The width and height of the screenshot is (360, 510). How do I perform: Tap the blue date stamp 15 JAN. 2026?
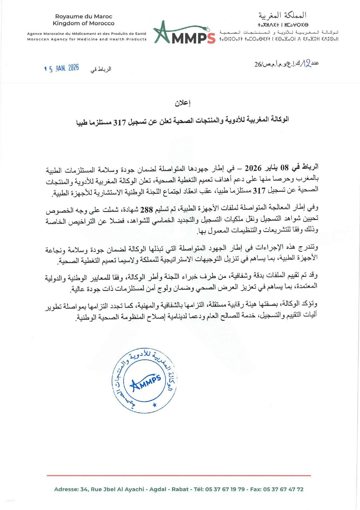pos(62,68)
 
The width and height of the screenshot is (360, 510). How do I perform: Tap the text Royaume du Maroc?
pos(84,17)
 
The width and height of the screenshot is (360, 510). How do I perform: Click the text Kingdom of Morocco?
pos(84,23)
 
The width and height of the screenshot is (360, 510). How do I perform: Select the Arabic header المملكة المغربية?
pos(282,15)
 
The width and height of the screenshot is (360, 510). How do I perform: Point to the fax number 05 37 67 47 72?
pos(283,489)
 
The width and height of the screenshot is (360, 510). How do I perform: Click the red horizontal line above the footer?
pos(179,475)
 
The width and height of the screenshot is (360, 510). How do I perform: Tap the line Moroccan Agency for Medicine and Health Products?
pos(87,39)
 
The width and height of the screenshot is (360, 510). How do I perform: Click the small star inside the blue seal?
pos(154,405)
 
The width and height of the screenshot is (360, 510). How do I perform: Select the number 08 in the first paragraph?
pos(284,168)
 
